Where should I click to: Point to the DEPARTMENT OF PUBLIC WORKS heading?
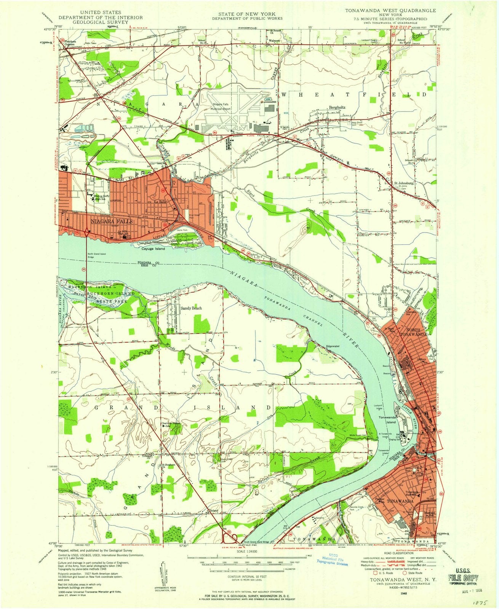[x=247, y=18]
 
